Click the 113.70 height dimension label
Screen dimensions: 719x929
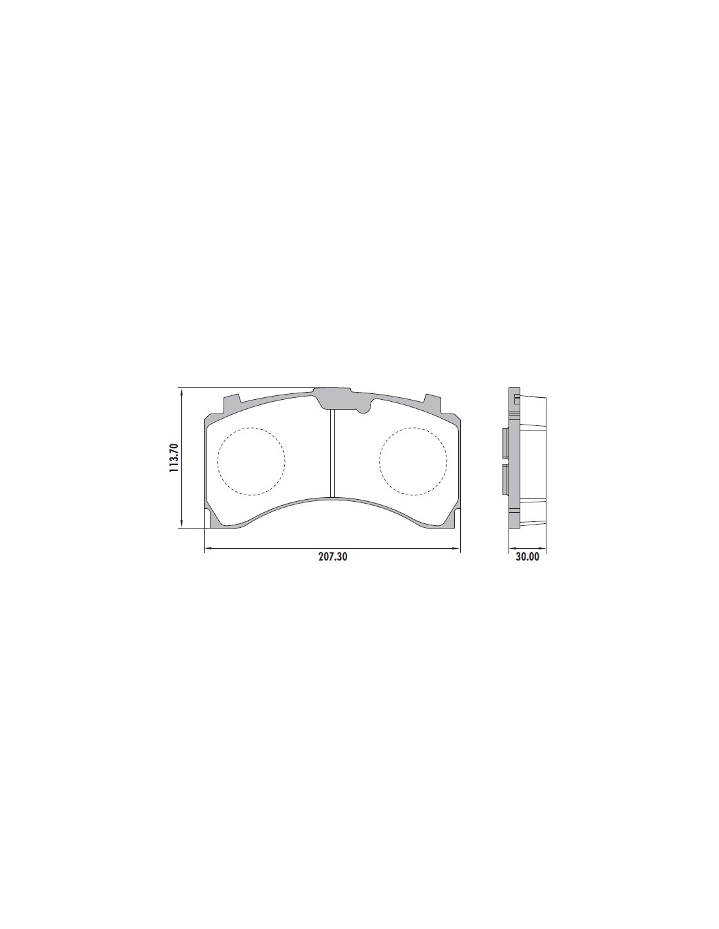pyautogui.click(x=174, y=457)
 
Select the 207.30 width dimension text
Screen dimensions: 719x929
pyautogui.click(x=332, y=557)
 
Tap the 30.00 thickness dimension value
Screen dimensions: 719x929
pyautogui.click(x=527, y=557)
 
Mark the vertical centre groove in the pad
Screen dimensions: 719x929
pyautogui.click(x=332, y=453)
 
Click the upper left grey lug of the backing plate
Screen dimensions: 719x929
pyautogui.click(x=231, y=402)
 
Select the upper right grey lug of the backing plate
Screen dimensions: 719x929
pyautogui.click(x=433, y=402)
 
